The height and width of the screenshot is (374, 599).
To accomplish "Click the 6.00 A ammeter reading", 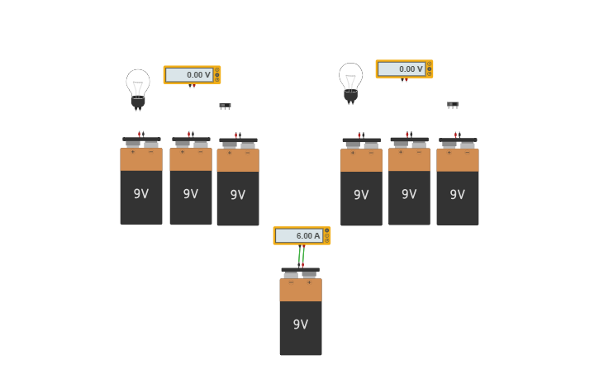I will tap(299, 235).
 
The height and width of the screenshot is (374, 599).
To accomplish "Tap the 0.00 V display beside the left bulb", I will tap(189, 74).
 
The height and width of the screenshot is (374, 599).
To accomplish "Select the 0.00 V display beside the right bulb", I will tap(402, 69).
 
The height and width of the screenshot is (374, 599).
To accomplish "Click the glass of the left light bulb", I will tap(138, 82).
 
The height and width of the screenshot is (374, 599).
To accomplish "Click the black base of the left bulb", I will tap(138, 102).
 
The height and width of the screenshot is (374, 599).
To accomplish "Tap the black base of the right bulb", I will tap(351, 96).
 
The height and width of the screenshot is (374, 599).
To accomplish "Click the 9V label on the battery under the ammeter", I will tap(301, 324).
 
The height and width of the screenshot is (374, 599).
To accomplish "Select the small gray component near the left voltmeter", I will tap(225, 106).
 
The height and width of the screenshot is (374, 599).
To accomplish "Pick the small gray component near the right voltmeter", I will tap(453, 105).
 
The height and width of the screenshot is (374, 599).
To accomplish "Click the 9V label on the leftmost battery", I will tap(141, 194).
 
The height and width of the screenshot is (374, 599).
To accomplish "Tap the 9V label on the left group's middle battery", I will tap(191, 194).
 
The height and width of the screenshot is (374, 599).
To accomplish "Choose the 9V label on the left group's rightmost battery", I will tap(238, 195).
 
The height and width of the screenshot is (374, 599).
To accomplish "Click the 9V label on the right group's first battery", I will tap(361, 195).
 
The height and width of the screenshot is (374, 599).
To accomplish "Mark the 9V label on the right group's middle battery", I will tap(409, 194).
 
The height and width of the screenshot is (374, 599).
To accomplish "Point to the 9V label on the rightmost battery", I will tap(457, 195).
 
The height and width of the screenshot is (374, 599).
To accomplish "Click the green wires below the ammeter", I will tap(302, 255).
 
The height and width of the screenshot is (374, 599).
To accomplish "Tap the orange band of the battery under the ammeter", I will tap(301, 290).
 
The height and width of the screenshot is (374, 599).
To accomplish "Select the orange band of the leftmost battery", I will tap(141, 159).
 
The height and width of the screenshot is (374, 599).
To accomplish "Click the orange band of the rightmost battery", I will tap(458, 160).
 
